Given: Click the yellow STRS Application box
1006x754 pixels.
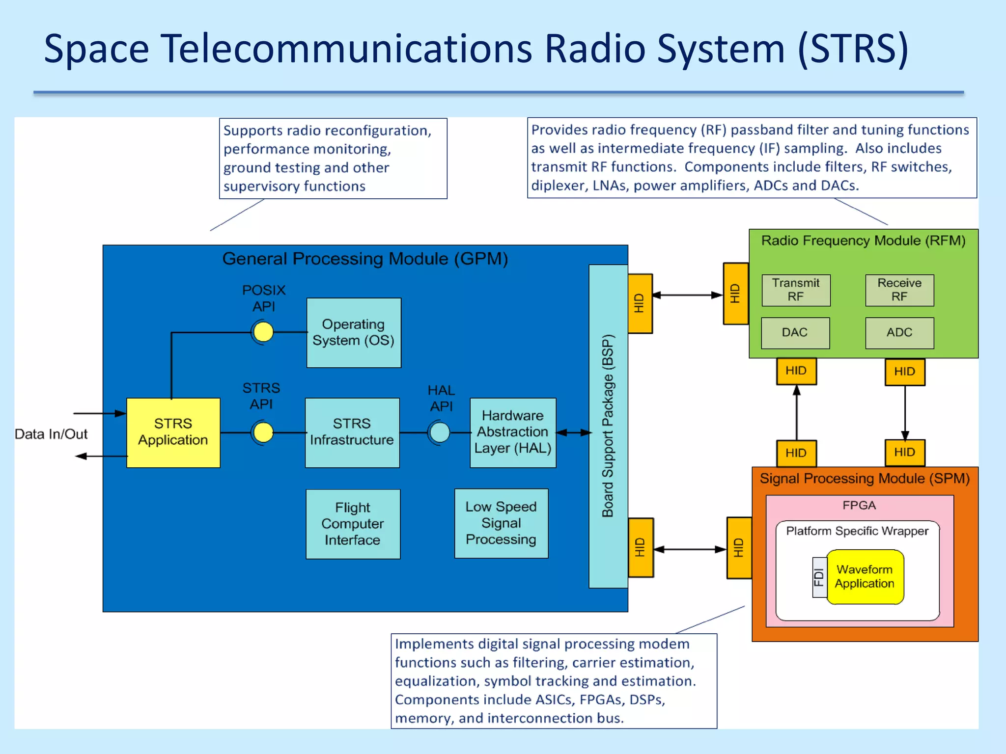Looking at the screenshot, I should tap(173, 432).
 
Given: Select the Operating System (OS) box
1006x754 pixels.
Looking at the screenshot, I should tap(354, 332).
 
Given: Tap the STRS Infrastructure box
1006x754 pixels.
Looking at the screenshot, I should tap(352, 432).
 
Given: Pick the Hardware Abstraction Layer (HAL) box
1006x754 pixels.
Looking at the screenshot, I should tap(513, 432).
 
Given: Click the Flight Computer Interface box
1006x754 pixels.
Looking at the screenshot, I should tap(353, 524).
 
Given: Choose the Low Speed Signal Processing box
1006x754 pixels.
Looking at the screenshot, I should tap(501, 523).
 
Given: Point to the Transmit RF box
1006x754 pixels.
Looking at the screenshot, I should tap(796, 290).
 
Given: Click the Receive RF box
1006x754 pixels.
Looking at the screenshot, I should tap(899, 290).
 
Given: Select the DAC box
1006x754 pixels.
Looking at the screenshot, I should tap(795, 333).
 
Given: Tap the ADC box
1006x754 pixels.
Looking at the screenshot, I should tap(899, 333).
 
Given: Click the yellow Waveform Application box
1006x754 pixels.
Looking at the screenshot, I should tap(865, 577).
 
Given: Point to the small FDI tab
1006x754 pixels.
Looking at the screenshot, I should tap(819, 577).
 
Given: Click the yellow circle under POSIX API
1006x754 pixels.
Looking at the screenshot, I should tap(263, 332).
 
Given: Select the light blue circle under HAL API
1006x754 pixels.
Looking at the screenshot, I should tap(440, 432).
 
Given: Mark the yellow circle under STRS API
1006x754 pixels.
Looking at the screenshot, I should tap(263, 432).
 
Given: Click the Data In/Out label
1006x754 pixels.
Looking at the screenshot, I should tap(51, 434).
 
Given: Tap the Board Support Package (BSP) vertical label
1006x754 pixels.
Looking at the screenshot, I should tap(608, 426).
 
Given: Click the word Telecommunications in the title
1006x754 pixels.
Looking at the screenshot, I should tap(346, 49).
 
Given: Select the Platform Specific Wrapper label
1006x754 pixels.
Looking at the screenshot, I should tap(857, 531).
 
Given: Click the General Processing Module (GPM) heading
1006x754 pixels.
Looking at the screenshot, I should tap(365, 259).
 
